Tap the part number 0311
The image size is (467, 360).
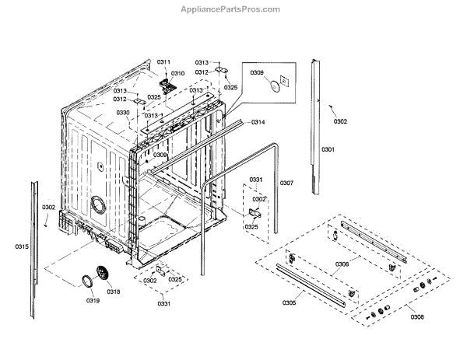[x=163, y=61]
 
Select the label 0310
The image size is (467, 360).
[x=178, y=73]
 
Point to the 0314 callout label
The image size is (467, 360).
[x=258, y=123]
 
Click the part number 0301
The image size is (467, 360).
[x=328, y=149]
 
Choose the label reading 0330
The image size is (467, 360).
[x=123, y=113]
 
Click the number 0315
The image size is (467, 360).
[x=21, y=246]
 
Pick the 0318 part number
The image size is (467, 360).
[x=114, y=292]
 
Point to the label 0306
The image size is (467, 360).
[x=342, y=264]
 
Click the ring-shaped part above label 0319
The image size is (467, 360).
[x=86, y=281]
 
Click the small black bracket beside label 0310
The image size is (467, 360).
[x=164, y=81]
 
